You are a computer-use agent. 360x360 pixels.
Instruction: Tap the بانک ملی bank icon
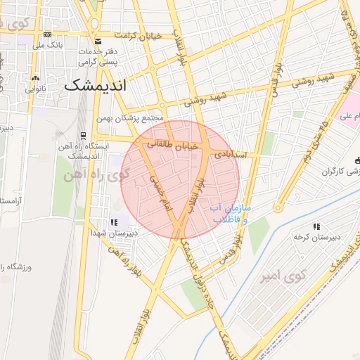pos(47,34)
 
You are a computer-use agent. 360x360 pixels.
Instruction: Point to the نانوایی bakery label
pos(36,89)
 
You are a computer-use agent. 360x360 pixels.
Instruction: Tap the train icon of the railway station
pos(84,135)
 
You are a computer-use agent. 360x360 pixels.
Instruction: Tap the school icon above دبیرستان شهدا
pos(115,223)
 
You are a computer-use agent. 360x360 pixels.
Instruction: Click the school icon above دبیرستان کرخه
pos(316,226)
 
